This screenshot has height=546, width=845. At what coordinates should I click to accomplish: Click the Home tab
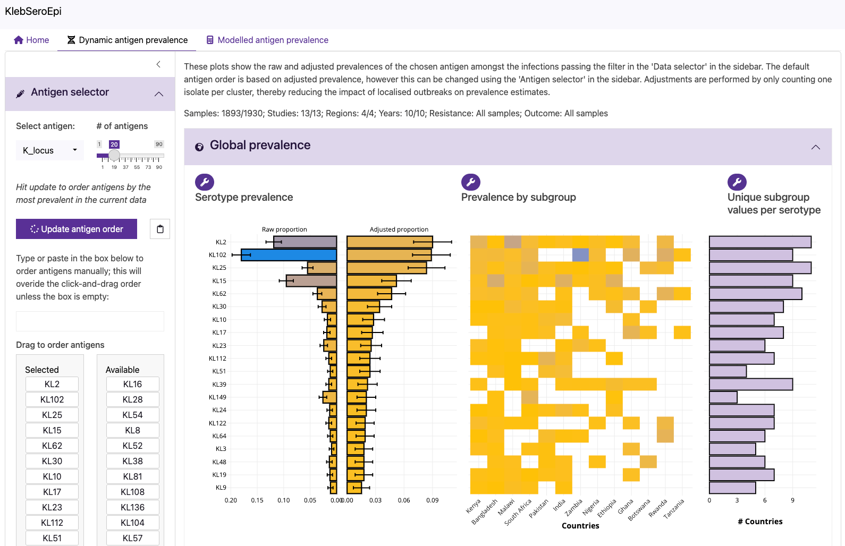32,40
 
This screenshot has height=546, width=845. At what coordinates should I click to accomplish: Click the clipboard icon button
160,229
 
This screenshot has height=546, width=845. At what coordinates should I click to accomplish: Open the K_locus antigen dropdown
50,150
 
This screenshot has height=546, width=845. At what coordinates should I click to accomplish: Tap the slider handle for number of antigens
114,156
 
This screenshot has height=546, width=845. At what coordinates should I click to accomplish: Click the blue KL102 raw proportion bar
289,255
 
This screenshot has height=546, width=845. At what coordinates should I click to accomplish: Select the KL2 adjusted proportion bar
390,242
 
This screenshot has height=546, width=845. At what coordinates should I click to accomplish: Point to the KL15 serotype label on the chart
219,281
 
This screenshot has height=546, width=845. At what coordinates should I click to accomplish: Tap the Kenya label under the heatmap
474,506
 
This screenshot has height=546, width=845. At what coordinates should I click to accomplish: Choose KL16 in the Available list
132,384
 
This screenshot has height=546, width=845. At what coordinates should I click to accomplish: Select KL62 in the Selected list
52,446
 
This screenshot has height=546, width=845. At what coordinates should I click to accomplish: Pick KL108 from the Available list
132,492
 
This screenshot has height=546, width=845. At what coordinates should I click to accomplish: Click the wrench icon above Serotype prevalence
205,182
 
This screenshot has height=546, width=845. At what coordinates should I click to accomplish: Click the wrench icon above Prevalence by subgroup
471,182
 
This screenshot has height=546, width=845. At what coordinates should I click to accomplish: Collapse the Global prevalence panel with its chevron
815,147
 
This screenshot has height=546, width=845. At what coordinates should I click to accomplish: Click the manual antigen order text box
90,321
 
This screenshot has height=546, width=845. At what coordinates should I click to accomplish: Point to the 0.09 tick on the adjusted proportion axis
432,500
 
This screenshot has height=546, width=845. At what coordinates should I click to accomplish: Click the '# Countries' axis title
760,522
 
